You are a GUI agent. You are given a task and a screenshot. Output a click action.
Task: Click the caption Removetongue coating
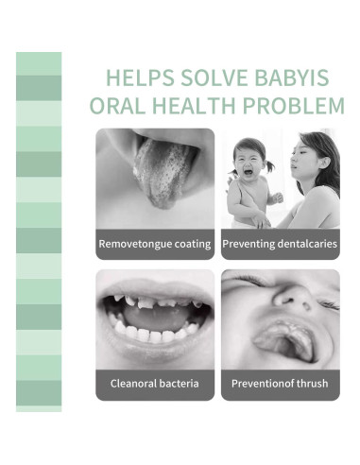155,244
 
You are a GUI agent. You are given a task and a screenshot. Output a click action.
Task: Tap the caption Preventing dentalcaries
281,244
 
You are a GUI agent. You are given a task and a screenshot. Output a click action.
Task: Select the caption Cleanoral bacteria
155,384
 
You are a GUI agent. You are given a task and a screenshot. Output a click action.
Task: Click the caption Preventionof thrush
281,384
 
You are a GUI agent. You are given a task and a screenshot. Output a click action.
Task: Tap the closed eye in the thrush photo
326,304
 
